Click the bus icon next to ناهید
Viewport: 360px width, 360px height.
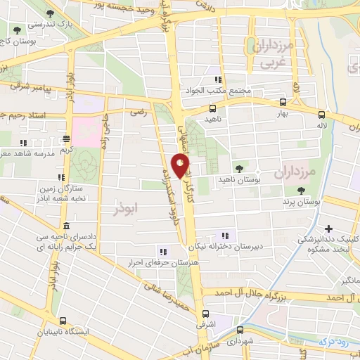(x=212, y=108)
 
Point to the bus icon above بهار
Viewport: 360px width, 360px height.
(x=283, y=102)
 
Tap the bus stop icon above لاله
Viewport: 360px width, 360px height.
(x=321, y=115)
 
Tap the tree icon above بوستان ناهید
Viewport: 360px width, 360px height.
(x=240, y=167)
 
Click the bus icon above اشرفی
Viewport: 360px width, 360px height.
(x=205, y=314)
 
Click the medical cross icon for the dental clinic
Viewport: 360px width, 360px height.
(x=329, y=228)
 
